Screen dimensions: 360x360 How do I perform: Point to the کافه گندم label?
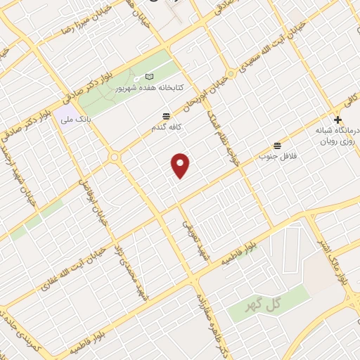tap(166, 127)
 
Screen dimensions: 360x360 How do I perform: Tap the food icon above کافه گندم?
tap(167, 115)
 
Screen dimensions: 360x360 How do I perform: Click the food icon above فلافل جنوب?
tap(278, 144)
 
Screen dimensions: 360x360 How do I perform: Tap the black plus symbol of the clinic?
tap(338, 120)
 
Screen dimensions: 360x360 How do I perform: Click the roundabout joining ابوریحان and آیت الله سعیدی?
tap(231, 74)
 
